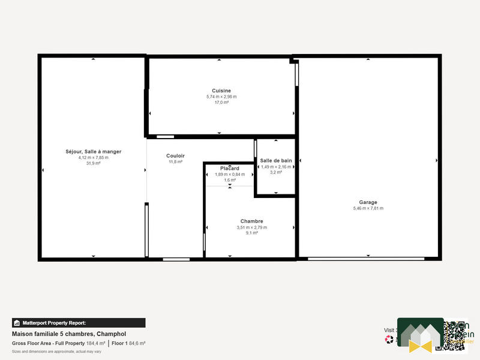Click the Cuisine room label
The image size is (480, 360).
[221, 91]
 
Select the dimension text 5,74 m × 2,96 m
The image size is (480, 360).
[221, 97]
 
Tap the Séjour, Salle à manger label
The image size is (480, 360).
[94, 152]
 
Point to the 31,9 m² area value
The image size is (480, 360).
[94, 163]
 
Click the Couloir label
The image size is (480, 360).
[175, 156]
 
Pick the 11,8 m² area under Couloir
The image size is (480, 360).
[175, 162]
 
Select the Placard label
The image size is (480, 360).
[230, 169]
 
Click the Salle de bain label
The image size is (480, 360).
[276, 161]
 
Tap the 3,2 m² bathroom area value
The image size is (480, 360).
[276, 172]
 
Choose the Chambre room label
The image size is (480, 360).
[251, 221]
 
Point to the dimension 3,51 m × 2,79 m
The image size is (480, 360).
[251, 227]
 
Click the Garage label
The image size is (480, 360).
[368, 202]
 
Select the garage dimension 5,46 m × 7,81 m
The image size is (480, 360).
[368, 208]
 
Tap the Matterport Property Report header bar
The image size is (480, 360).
[79, 323]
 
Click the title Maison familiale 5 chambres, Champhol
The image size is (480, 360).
[69, 334]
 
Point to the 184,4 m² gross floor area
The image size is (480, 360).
[96, 343]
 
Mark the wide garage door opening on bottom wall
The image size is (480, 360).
[366, 259]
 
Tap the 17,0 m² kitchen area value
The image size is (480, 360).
[221, 103]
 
